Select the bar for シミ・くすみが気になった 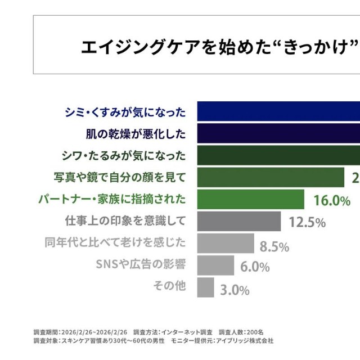(x=278, y=111)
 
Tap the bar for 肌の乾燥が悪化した (x=278, y=133)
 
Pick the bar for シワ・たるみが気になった (x=278, y=155)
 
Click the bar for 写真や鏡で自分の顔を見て (x=271, y=177)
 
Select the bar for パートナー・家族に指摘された (x=250, y=199)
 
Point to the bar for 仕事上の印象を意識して (x=239, y=221)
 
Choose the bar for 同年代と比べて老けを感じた (x=226, y=243)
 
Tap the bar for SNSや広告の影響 (x=215, y=265)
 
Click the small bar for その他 (x=205, y=287)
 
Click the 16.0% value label (x=332, y=200)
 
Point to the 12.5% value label (x=307, y=222)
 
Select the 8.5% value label (x=274, y=246)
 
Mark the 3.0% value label (x=235, y=290)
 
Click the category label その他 (x=169, y=286)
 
